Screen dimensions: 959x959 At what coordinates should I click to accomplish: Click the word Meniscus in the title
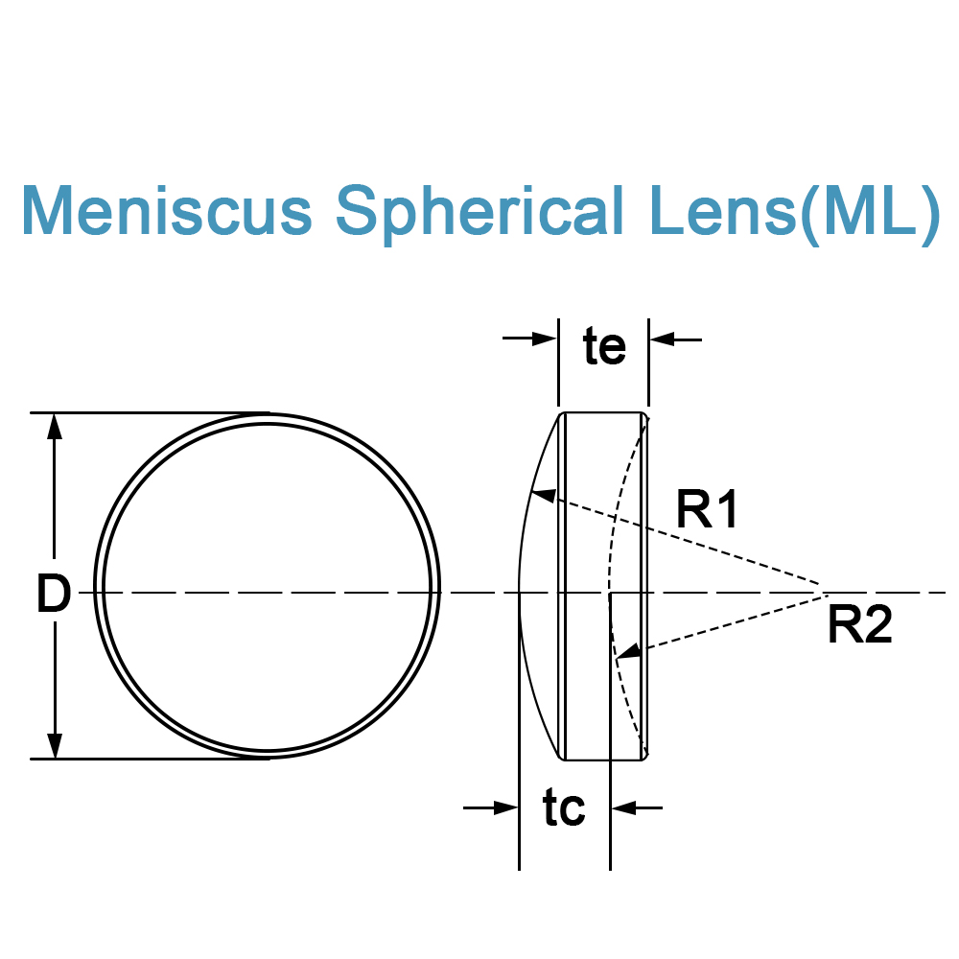167,210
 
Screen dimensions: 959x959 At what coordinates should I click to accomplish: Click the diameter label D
54,594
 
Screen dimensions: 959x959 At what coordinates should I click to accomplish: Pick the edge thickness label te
605,347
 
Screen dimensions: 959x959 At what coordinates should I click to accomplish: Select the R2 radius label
860,624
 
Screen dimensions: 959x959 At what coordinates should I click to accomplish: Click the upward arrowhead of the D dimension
55,427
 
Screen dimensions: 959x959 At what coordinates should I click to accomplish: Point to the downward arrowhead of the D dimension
55,745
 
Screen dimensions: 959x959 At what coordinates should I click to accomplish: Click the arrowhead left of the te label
545,339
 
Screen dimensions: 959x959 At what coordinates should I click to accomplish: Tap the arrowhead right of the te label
663,339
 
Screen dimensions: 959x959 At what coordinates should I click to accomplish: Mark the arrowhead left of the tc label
505,807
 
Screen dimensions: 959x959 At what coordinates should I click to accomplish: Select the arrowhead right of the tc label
624,807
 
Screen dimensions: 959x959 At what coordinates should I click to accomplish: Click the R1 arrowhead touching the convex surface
543,496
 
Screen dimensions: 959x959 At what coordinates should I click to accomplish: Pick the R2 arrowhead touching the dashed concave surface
629,652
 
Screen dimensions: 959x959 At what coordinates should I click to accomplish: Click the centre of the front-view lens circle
268,587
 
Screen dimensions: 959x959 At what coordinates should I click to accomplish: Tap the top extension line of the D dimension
150,412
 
